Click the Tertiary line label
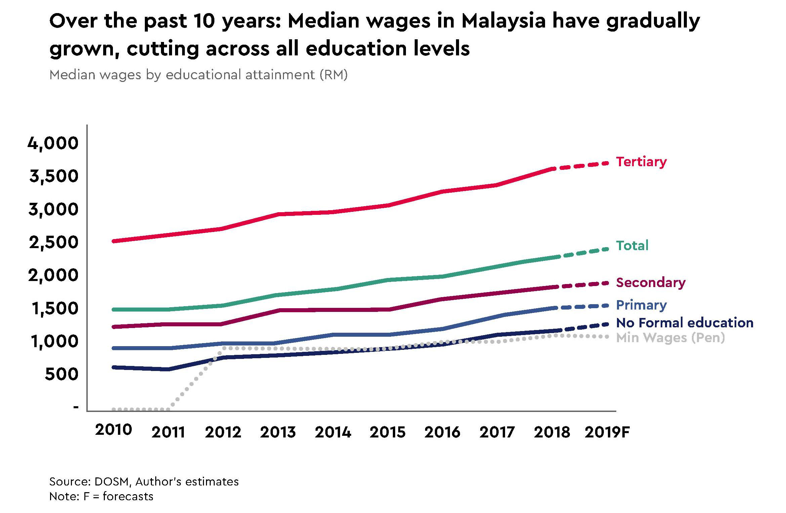click(x=641, y=162)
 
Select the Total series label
click(x=632, y=246)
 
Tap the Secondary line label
click(x=651, y=283)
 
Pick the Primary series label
click(x=641, y=305)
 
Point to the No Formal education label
click(x=685, y=323)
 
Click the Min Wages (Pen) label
click(x=670, y=338)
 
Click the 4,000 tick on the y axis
click(x=53, y=143)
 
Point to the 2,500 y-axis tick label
click(x=54, y=242)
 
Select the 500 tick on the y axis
click(x=61, y=374)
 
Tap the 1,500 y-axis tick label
click(x=55, y=308)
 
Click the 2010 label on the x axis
click(x=113, y=430)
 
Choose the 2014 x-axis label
click(x=333, y=432)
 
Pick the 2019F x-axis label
click(x=607, y=432)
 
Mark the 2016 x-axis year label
click(x=442, y=432)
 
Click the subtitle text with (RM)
click(x=198, y=75)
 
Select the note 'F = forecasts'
click(x=118, y=497)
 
